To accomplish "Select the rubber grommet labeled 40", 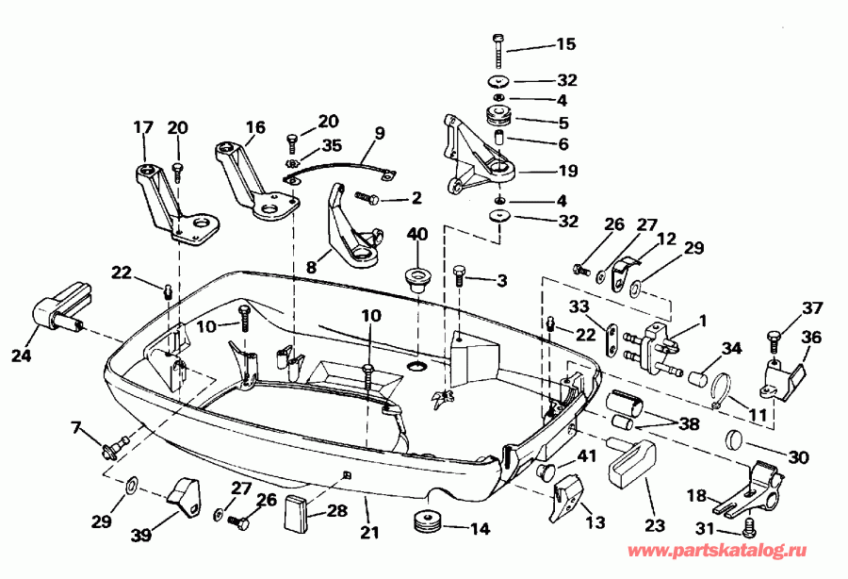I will pos(416,278).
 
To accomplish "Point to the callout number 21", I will pos(369,533).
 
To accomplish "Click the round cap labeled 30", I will pos(737,440).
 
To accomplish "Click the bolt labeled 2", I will pos(367,199).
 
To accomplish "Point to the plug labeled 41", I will pos(545,469).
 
